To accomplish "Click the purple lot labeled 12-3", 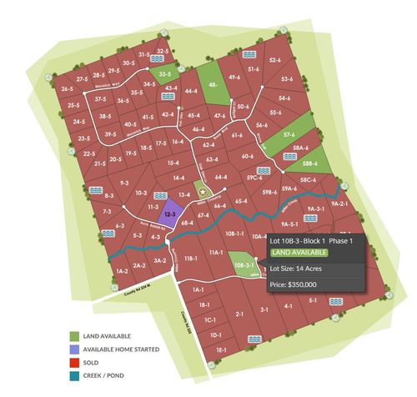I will [169, 214].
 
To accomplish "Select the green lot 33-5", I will [165, 74].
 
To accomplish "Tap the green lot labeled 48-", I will [214, 84].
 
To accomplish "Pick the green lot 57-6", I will [289, 133].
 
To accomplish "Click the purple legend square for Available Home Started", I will [73, 349].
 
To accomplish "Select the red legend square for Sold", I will [73, 363].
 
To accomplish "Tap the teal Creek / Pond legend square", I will [73, 376].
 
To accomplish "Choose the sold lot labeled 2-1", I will [239, 314].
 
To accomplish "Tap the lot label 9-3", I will [123, 182].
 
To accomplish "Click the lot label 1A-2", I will [121, 271].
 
